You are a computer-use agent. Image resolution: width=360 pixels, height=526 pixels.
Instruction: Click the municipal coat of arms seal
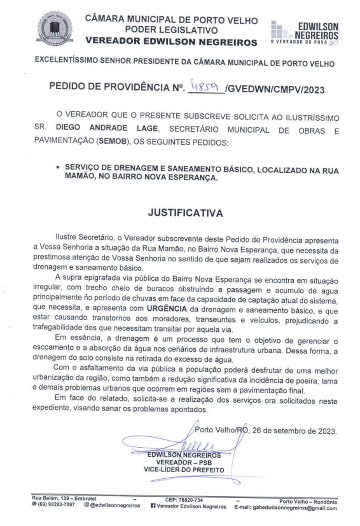[x=54, y=28]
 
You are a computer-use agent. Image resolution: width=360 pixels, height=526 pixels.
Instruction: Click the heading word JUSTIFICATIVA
[x=185, y=213]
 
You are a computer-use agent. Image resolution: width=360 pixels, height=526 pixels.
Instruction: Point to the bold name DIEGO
[x=68, y=127]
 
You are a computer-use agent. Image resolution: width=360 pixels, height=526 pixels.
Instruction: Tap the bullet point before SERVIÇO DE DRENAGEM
[x=57, y=167]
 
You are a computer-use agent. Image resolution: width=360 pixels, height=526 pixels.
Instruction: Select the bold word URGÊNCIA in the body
[x=166, y=309]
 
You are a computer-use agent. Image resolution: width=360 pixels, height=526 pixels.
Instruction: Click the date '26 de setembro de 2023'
[x=294, y=431]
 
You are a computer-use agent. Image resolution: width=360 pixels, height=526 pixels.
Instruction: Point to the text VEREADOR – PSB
[x=184, y=463]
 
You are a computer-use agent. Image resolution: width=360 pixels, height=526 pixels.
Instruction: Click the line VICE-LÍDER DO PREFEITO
[x=184, y=470]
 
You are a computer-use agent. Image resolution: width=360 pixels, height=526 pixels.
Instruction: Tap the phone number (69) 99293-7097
[x=56, y=505]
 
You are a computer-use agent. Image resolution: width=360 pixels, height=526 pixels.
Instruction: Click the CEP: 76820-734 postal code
[x=184, y=500]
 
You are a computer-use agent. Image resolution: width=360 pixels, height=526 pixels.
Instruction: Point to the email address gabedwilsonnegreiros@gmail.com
[x=294, y=508]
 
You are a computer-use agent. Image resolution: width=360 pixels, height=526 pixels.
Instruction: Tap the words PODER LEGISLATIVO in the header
[x=171, y=30]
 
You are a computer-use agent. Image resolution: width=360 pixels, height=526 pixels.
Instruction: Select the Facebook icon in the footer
[x=153, y=506]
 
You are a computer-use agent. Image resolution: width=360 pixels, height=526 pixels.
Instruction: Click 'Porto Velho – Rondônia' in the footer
[x=307, y=502]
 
